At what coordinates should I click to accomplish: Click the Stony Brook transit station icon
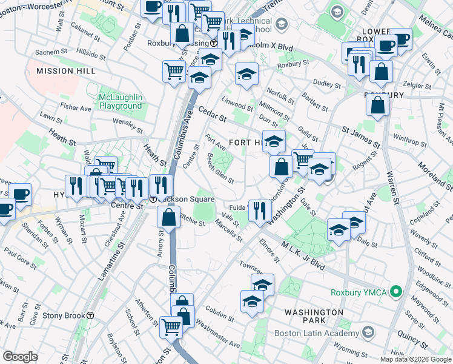click(x=90, y=315)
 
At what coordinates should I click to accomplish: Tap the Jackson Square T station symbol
click(x=154, y=200)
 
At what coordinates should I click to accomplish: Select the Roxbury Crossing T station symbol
click(x=214, y=43)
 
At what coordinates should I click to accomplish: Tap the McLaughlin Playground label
click(x=121, y=101)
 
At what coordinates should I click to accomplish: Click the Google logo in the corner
click(x=21, y=357)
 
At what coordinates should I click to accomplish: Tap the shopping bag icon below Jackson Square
click(x=169, y=217)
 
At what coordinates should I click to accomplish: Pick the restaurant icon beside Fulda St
click(x=260, y=211)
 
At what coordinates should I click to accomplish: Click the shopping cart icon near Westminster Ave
click(x=171, y=326)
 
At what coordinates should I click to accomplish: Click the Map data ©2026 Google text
click(x=415, y=359)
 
